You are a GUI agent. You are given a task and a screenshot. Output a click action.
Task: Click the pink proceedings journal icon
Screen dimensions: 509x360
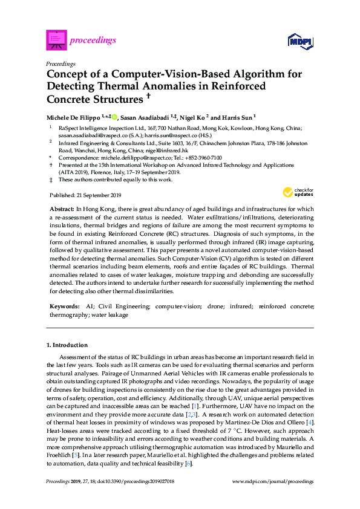coord(56,40)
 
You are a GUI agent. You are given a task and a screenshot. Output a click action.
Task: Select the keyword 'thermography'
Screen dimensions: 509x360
coord(67,315)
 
